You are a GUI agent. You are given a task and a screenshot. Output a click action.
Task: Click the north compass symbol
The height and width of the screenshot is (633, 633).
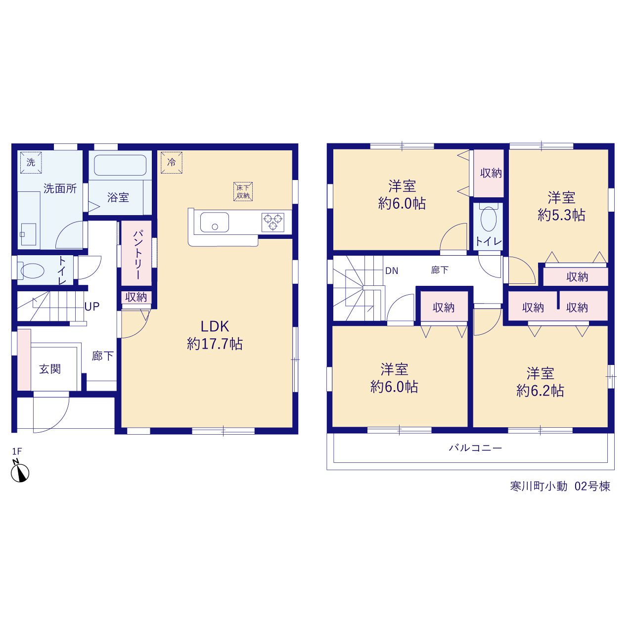click(x=20, y=472)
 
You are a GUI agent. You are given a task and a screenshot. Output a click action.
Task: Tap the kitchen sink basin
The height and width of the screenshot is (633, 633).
click(x=215, y=222)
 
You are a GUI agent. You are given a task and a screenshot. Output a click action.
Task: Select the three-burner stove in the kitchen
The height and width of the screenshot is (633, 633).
click(x=272, y=222)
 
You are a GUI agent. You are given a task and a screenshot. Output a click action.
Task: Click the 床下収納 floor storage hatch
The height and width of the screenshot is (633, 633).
click(x=243, y=192)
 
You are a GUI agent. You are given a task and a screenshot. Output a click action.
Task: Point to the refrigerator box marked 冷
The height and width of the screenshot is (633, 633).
click(x=172, y=162)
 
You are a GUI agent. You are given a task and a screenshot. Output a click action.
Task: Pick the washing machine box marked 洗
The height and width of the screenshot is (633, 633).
click(x=31, y=162)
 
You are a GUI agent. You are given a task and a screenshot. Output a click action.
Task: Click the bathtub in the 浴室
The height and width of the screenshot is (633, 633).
click(x=120, y=165)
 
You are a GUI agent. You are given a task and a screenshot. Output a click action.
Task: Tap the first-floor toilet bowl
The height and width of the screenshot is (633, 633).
click(x=32, y=271)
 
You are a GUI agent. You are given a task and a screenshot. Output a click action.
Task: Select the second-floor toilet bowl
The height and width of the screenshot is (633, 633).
click(x=489, y=219)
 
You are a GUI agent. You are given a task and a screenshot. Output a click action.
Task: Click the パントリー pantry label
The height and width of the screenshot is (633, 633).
click(x=138, y=255)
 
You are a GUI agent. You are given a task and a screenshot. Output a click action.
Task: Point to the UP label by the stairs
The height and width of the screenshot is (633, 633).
click(x=92, y=307)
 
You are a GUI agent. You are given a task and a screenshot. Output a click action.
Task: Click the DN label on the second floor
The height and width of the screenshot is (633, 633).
click(x=392, y=271)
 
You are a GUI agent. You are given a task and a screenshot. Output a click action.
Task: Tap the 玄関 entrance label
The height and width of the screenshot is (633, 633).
click(x=50, y=369)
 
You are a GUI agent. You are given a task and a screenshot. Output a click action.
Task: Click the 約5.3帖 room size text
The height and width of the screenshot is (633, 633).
click(x=561, y=215)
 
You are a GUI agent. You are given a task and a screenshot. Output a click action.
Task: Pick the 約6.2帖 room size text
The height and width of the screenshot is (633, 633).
click(x=541, y=391)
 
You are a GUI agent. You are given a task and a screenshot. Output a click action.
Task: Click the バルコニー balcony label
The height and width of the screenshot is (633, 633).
click(x=475, y=448)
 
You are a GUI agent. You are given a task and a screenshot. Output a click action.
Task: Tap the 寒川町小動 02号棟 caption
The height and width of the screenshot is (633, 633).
click(x=560, y=486)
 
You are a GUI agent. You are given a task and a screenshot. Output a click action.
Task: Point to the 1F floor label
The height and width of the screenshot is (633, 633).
click(x=17, y=452)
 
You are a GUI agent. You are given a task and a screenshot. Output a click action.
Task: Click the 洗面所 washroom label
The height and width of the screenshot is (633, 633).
click(x=60, y=188)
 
